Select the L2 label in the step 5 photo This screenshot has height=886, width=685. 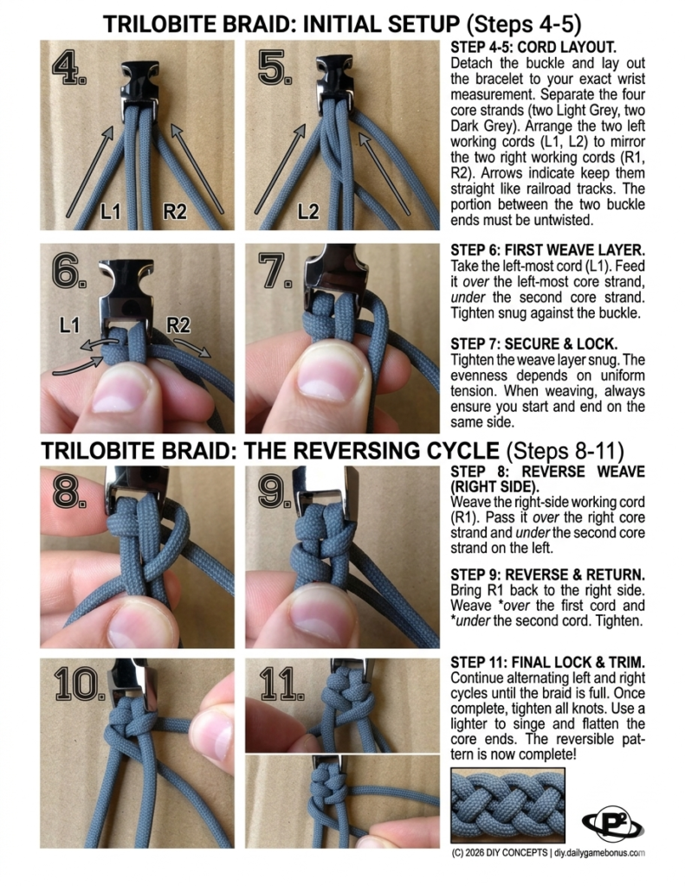(309, 210)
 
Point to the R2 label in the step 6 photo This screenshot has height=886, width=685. (178, 326)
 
